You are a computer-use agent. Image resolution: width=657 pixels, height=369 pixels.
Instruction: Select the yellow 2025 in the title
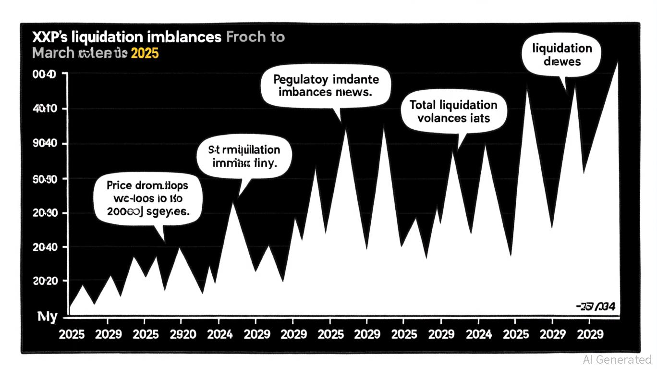click(145, 53)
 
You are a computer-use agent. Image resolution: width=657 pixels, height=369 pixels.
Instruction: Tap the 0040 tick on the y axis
click(44, 74)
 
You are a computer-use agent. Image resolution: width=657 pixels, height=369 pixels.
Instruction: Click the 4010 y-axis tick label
click(44, 109)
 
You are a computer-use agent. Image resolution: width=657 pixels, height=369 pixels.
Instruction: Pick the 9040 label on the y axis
click(44, 144)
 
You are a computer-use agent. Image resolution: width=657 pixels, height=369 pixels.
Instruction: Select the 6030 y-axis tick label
click(44, 179)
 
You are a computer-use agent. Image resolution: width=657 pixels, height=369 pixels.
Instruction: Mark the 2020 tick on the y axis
click(44, 281)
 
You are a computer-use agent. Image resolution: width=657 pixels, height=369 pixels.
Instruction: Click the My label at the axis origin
click(48, 317)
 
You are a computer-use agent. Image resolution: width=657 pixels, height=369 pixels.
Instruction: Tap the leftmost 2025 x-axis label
click(72, 334)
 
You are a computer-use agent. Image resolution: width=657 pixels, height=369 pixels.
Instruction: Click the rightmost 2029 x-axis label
click(589, 334)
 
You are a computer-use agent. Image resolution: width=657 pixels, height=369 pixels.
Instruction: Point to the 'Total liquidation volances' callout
click(453, 111)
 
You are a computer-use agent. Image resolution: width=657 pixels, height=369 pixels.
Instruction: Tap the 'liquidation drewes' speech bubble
click(562, 55)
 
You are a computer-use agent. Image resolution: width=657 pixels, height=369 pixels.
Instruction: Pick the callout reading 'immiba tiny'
click(245, 157)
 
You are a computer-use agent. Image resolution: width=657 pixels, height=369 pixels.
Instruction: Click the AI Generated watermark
click(617, 359)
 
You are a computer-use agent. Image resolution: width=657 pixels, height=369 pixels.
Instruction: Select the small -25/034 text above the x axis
click(595, 307)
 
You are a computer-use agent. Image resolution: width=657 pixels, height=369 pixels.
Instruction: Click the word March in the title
click(53, 53)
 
